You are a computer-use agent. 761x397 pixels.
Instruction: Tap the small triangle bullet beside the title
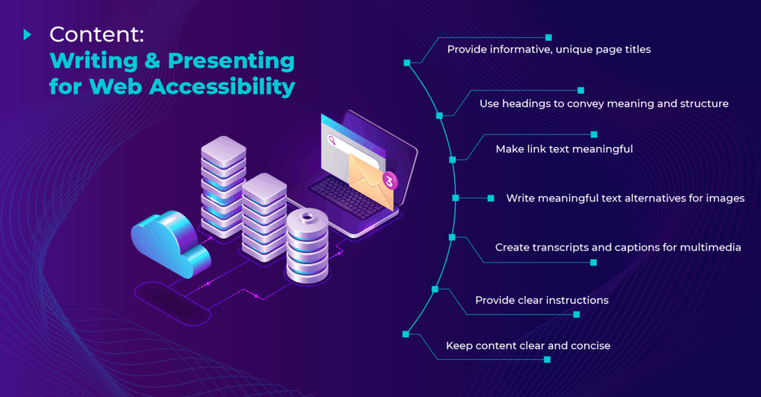(27, 33)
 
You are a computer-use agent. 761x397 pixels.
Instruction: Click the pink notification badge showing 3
(388, 180)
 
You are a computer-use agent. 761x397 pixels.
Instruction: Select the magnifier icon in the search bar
(331, 139)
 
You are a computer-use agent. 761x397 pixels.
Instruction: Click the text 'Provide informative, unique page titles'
(548, 49)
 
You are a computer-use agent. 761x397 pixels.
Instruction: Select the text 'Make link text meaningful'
(564, 149)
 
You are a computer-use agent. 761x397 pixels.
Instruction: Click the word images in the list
(725, 198)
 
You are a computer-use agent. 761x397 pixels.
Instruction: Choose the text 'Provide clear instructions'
(542, 300)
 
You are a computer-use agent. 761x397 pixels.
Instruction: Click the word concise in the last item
(590, 346)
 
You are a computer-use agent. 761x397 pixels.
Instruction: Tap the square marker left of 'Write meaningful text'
(490, 198)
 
